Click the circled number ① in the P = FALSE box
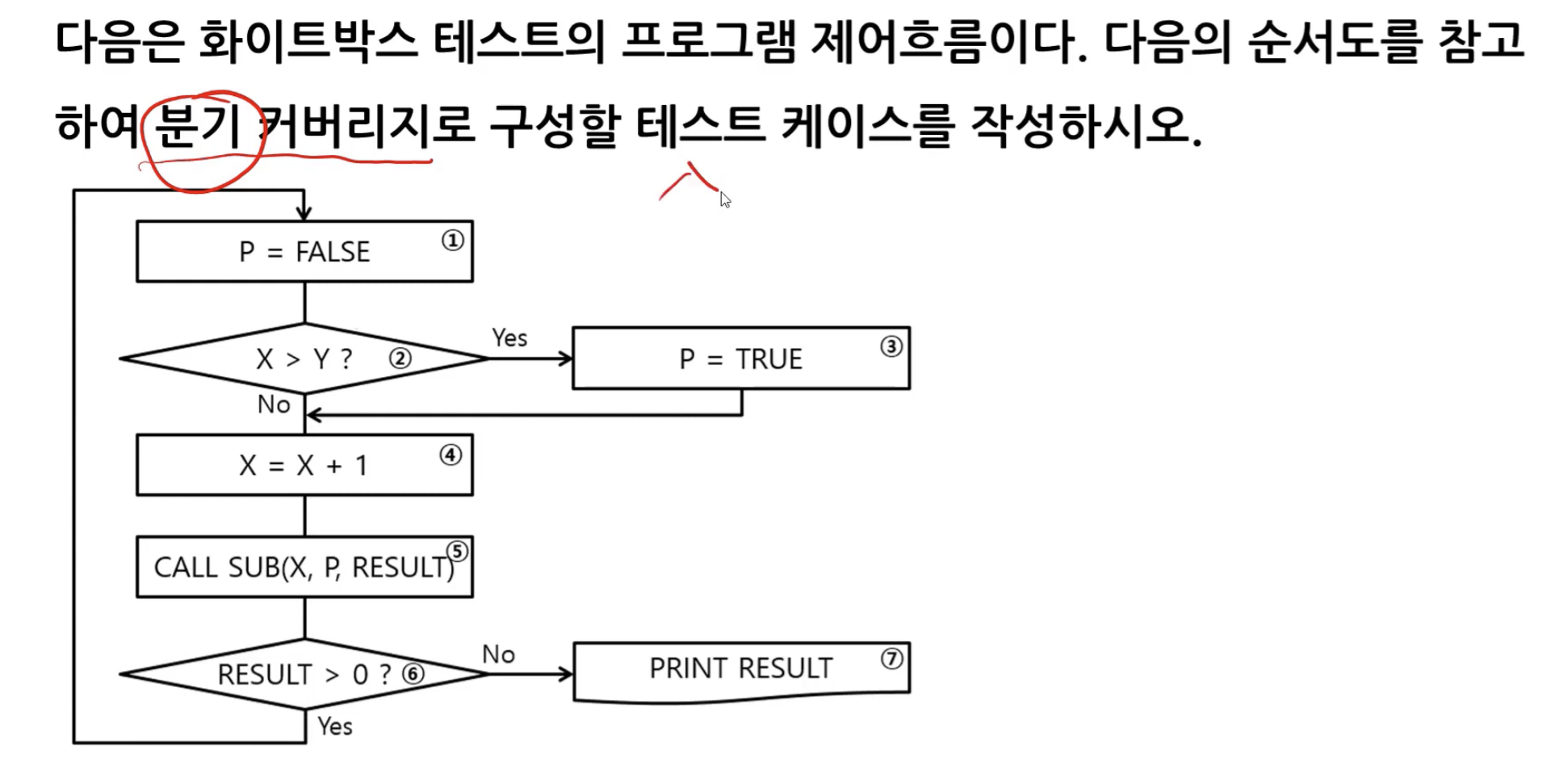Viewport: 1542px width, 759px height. point(453,240)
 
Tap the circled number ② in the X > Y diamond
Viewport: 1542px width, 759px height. point(400,358)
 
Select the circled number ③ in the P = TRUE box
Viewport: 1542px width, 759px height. point(890,346)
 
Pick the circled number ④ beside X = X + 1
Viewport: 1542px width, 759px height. point(450,455)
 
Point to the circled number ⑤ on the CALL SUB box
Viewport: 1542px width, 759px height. point(458,551)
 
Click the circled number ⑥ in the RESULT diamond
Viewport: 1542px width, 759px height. point(413,673)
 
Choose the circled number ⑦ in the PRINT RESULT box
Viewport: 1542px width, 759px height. point(891,659)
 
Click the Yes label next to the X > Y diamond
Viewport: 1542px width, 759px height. point(509,338)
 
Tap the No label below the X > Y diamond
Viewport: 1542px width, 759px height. point(274,405)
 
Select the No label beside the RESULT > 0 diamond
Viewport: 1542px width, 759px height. point(498,654)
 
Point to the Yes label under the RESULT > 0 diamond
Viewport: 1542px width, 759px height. point(334,726)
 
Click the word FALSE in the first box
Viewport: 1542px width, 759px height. point(333,252)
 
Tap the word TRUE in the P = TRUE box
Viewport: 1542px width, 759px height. point(769,359)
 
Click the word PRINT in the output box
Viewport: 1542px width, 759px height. point(689,669)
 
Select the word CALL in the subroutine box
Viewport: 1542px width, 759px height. point(186,567)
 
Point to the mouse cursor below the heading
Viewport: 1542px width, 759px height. point(724,199)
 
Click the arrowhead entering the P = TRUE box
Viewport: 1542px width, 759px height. point(567,359)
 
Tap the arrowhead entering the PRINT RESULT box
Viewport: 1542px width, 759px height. point(567,673)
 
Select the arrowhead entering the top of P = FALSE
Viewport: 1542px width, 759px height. point(304,213)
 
